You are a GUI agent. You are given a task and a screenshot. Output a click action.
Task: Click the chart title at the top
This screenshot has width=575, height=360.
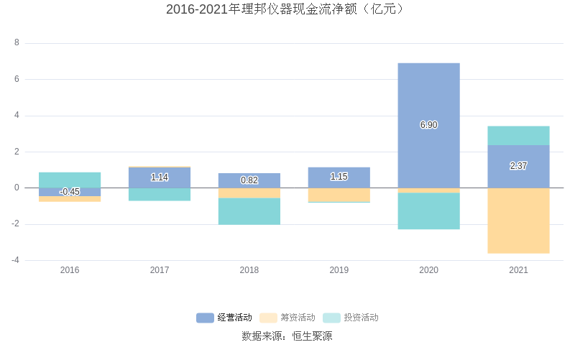pos(287,9)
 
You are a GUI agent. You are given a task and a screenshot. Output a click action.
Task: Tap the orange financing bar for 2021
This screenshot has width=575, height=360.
pos(518,221)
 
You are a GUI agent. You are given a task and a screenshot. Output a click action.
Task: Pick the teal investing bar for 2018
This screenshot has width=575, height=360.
pos(249,211)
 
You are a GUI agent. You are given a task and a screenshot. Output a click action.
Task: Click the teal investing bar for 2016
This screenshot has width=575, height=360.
pos(70,180)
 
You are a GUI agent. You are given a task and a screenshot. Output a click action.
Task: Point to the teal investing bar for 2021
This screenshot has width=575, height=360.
pos(518,136)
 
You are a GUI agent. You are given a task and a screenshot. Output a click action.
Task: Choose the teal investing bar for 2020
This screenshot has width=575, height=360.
pos(428,211)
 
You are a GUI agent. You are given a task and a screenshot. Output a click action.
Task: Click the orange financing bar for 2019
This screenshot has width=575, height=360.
pos(339,195)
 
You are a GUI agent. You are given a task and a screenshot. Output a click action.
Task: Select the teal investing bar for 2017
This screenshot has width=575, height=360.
pos(160,194)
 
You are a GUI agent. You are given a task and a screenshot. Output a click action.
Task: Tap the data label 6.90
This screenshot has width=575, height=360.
pos(428,125)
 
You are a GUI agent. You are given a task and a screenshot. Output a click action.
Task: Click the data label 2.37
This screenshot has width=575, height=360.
pos(518,166)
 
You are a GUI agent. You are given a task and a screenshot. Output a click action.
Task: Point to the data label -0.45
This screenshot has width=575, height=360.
pos(70,192)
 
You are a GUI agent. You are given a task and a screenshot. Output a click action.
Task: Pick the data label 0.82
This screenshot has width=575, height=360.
pos(249,180)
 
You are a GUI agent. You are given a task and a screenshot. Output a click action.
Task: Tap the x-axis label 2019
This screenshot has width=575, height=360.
pos(339,270)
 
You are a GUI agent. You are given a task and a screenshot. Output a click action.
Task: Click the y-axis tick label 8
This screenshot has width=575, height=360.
pos(17,43)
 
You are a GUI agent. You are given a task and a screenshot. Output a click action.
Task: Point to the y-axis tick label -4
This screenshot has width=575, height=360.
pos(15,260)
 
